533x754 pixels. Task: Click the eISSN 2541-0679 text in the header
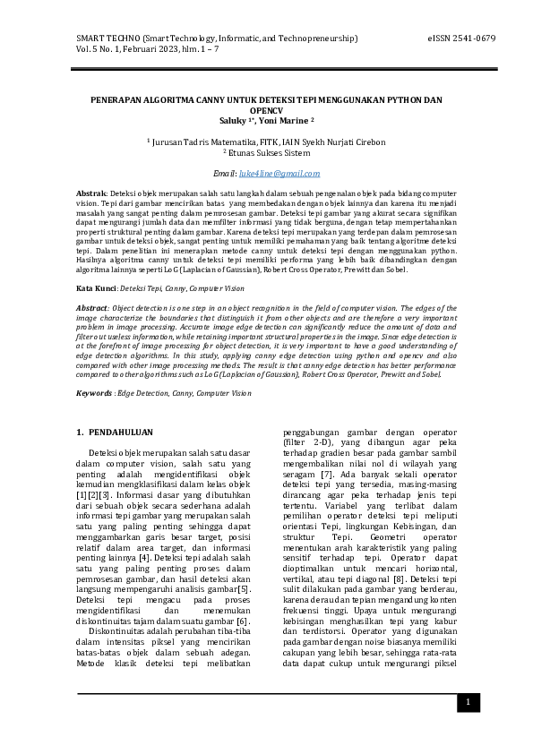462,39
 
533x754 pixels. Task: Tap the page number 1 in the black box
468,703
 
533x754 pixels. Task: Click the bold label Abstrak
90,193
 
